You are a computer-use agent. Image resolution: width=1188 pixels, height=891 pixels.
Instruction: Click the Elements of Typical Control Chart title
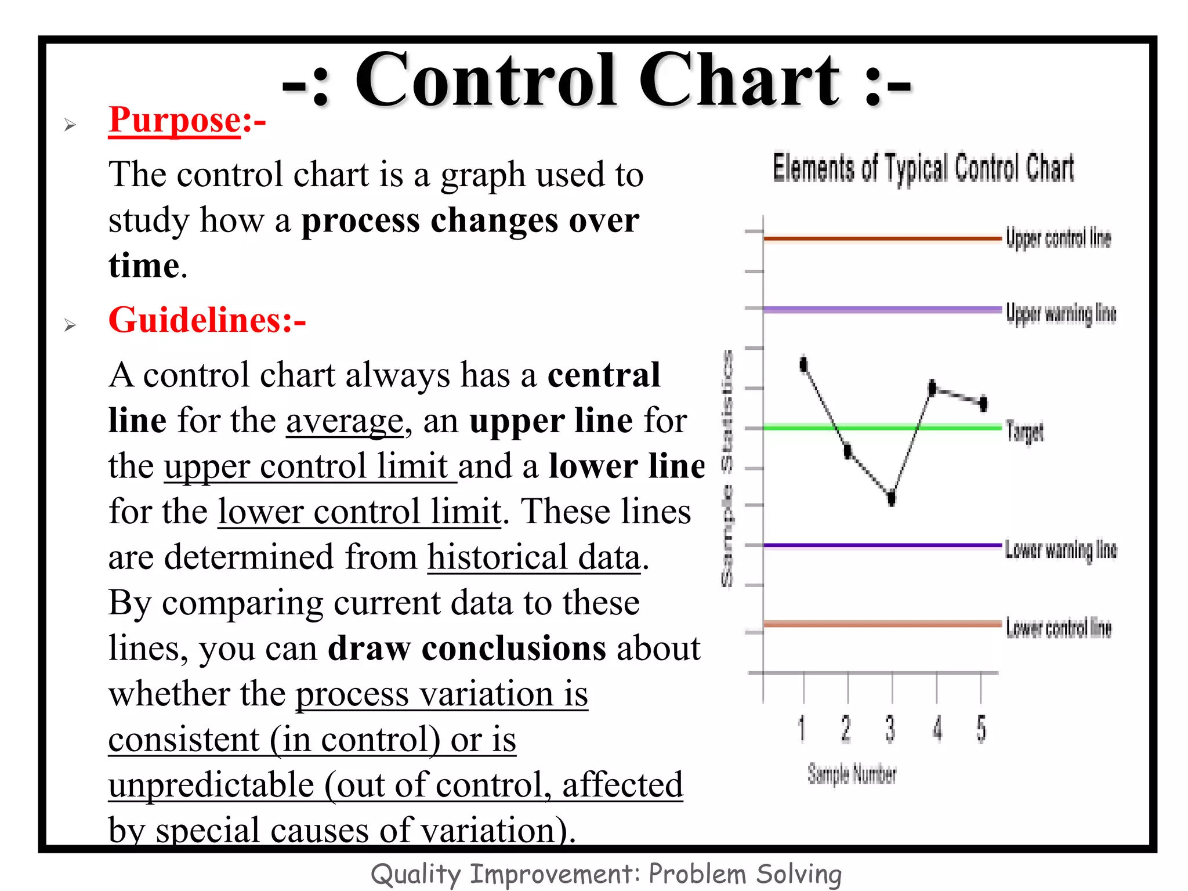(923, 169)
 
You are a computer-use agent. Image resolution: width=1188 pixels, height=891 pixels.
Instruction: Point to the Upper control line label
(1058, 238)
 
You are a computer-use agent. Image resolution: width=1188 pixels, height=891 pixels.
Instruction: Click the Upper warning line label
(1060, 313)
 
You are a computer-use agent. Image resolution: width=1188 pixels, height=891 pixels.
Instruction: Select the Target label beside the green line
(1024, 432)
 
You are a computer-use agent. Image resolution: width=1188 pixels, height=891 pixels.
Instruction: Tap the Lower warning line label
(1060, 549)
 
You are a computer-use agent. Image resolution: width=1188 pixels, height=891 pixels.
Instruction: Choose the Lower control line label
(1058, 628)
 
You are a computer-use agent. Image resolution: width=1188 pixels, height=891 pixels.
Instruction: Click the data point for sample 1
(803, 364)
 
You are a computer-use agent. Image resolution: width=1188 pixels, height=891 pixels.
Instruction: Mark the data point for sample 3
(892, 497)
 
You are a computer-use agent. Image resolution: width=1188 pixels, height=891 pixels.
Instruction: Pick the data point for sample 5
(983, 403)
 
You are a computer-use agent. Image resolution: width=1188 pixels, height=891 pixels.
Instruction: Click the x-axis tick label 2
(846, 729)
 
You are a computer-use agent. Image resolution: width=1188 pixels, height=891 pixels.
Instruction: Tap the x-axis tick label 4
(937, 729)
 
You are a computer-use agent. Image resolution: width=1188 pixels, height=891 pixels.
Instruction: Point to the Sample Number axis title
(852, 774)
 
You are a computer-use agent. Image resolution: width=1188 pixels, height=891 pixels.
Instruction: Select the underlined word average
(344, 421)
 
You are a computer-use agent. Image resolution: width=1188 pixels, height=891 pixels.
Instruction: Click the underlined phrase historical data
(534, 557)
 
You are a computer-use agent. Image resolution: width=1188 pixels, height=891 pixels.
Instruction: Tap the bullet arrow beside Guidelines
(70, 325)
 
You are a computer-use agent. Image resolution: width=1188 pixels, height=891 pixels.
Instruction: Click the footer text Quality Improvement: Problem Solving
(606, 874)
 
